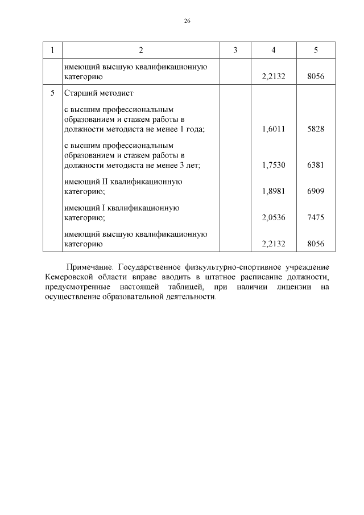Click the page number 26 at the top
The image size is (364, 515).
[187, 21]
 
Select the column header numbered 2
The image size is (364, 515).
[140, 50]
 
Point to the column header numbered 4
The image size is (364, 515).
[274, 50]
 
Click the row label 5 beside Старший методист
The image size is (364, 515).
[52, 93]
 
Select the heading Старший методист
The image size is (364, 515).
[98, 93]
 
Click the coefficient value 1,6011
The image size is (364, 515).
[274, 129]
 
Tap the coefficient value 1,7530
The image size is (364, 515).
[274, 165]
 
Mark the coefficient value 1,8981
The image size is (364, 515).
[274, 191]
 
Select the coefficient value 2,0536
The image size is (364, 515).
[274, 217]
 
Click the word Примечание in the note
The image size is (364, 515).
[89, 266]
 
